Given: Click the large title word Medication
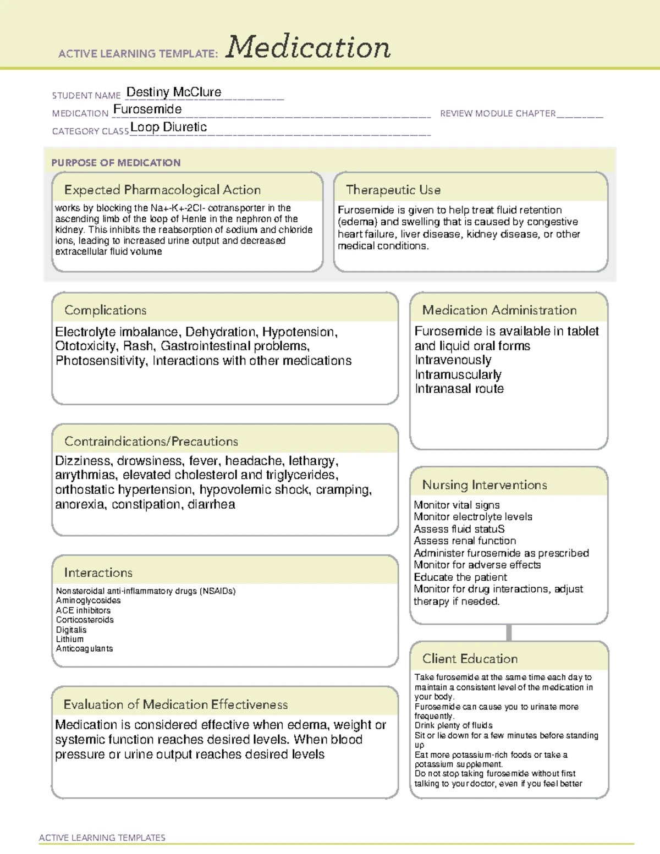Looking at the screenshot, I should [x=308, y=47].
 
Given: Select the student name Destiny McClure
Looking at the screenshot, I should [x=174, y=92].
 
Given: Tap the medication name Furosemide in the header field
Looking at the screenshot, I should [x=147, y=109].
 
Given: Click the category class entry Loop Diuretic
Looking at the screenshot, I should [x=168, y=127].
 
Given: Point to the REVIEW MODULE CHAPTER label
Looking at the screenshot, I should [x=498, y=113].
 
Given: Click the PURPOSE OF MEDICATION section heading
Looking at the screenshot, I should [x=116, y=163].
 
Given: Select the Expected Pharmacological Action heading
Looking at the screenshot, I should [x=162, y=190].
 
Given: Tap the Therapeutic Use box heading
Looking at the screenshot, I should [x=393, y=190].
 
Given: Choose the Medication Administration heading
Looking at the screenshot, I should [x=499, y=310].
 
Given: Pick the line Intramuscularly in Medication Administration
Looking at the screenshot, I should [x=458, y=374].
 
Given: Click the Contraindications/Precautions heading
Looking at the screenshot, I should [x=151, y=441].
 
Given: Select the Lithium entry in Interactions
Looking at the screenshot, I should [x=70, y=639].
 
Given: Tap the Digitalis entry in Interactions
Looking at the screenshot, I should [x=71, y=630].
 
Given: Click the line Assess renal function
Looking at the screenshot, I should [x=465, y=541].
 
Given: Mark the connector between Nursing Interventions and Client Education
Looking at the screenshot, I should [x=509, y=632].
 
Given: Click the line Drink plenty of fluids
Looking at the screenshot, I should [x=454, y=725].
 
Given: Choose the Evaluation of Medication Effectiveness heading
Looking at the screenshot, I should [x=175, y=704].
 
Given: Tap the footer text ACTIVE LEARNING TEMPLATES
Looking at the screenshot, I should [x=102, y=838].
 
